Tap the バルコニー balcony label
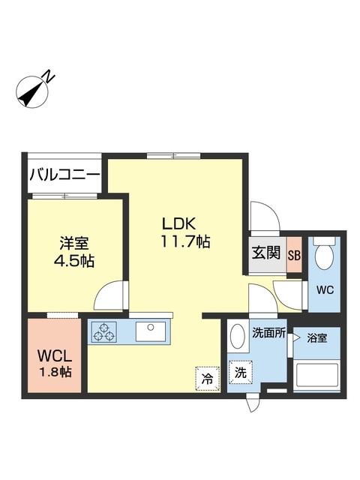click(x=64, y=176)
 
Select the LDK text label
click(x=180, y=223)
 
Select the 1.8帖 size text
click(x=55, y=370)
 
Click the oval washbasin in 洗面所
click(x=238, y=336)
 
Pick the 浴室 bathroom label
click(x=316, y=338)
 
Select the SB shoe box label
click(x=294, y=255)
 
